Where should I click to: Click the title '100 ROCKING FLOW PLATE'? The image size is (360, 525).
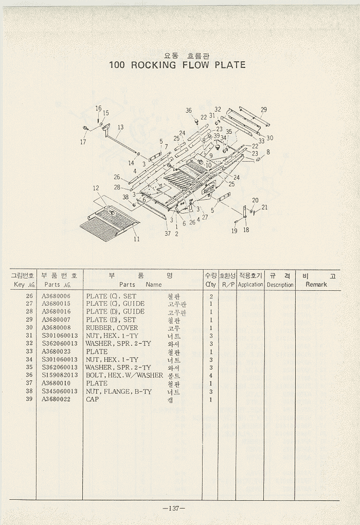(177, 65)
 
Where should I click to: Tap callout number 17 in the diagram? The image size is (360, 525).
(83, 142)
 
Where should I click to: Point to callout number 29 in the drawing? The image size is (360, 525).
(264, 110)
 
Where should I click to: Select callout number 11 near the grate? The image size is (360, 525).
(137, 239)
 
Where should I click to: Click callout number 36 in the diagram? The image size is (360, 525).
(189, 111)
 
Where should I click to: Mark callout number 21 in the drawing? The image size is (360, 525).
(264, 207)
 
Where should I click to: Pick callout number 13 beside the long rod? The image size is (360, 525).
(120, 127)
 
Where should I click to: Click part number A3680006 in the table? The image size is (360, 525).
(56, 296)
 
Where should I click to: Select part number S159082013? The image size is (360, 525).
(60, 375)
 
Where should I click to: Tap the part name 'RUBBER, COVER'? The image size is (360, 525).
(112, 327)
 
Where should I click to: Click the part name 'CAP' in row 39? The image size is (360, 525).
(93, 399)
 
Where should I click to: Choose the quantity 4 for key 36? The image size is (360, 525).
(211, 375)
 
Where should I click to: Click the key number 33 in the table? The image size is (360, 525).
(29, 352)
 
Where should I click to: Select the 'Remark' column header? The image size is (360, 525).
(316, 284)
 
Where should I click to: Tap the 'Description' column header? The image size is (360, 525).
(280, 285)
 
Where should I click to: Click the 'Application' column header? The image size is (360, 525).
(250, 284)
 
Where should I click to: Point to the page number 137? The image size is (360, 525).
(174, 509)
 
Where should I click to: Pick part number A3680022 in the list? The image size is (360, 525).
(56, 399)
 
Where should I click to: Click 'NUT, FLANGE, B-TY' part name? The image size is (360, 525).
(119, 391)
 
